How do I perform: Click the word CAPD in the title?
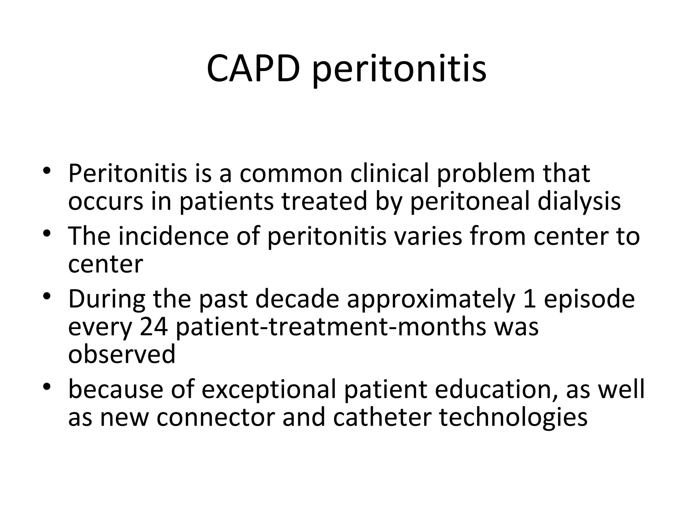pyautogui.click(x=253, y=69)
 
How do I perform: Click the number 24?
pyautogui.click(x=154, y=327)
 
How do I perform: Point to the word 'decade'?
pyautogui.click(x=297, y=299)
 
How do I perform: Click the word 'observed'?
pyautogui.click(x=122, y=354)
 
